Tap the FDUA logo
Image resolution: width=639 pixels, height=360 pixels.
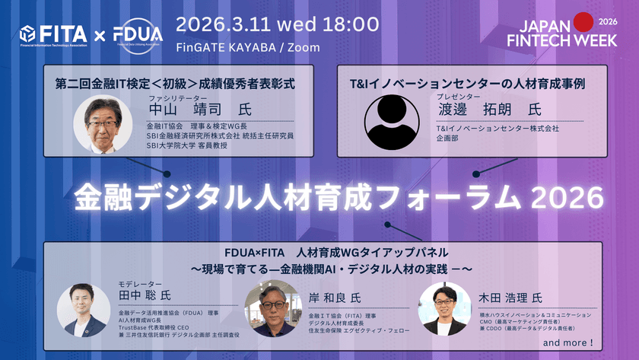[138, 34]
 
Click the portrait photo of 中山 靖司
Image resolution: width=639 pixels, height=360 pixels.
[103, 124]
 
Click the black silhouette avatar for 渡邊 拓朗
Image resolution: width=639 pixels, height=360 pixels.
[392, 122]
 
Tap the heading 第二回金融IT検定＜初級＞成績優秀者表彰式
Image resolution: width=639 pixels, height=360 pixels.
[174, 81]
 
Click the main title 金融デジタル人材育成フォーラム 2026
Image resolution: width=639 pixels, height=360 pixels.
[339, 198]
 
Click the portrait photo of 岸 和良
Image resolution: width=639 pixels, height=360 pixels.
[272, 308]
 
